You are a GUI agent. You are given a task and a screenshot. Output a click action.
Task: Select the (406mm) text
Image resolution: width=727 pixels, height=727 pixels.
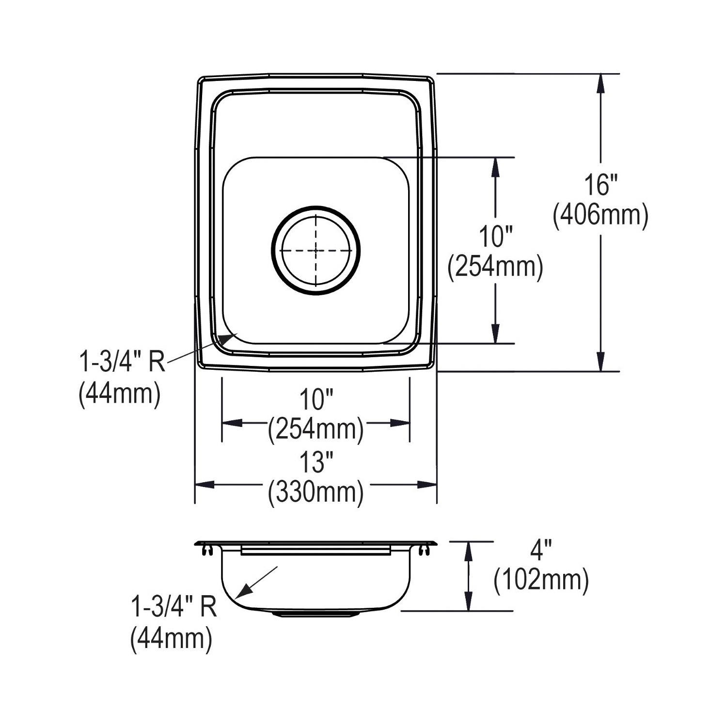pyautogui.click(x=601, y=216)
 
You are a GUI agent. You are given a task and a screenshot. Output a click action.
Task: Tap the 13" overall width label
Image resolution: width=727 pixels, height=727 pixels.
pyautogui.click(x=316, y=462)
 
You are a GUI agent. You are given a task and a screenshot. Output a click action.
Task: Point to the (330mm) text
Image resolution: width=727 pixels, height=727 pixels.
pyautogui.click(x=316, y=492)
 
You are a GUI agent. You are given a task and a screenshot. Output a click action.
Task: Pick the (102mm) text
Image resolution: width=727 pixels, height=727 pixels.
pyautogui.click(x=541, y=580)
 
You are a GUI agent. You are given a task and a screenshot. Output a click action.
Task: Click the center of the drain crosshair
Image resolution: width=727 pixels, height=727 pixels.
pyautogui.click(x=316, y=251)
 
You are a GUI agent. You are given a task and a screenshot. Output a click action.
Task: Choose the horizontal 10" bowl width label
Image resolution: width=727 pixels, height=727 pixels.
pyautogui.click(x=316, y=400)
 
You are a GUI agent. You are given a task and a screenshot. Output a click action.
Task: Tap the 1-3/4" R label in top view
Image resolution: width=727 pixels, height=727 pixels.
pyautogui.click(x=122, y=361)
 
